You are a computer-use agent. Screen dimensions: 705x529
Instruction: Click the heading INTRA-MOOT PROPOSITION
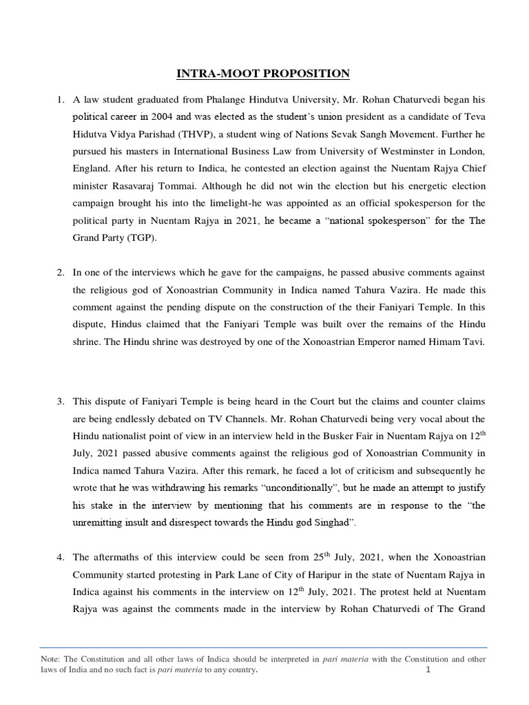click(264, 74)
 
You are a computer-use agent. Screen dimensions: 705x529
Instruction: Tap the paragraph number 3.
click(60, 399)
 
